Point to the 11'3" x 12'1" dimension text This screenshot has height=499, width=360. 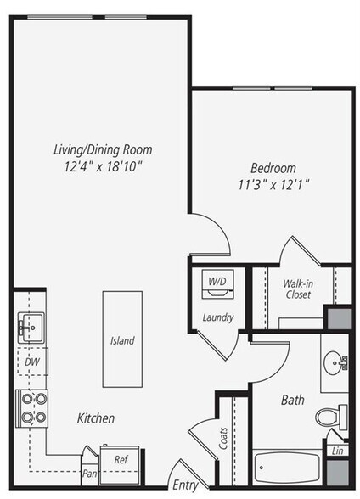tap(272, 182)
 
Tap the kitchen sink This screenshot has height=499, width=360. tap(29, 325)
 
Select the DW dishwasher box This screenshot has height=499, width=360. tap(31, 362)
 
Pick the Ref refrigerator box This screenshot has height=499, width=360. tap(120, 461)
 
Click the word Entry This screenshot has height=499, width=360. tap(184, 485)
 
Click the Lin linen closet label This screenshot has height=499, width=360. tap(337, 452)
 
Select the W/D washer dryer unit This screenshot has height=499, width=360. tap(218, 284)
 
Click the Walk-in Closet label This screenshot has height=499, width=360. tap(297, 289)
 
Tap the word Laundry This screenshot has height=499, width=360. tap(218, 317)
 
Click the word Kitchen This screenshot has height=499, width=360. tap(96, 418)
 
